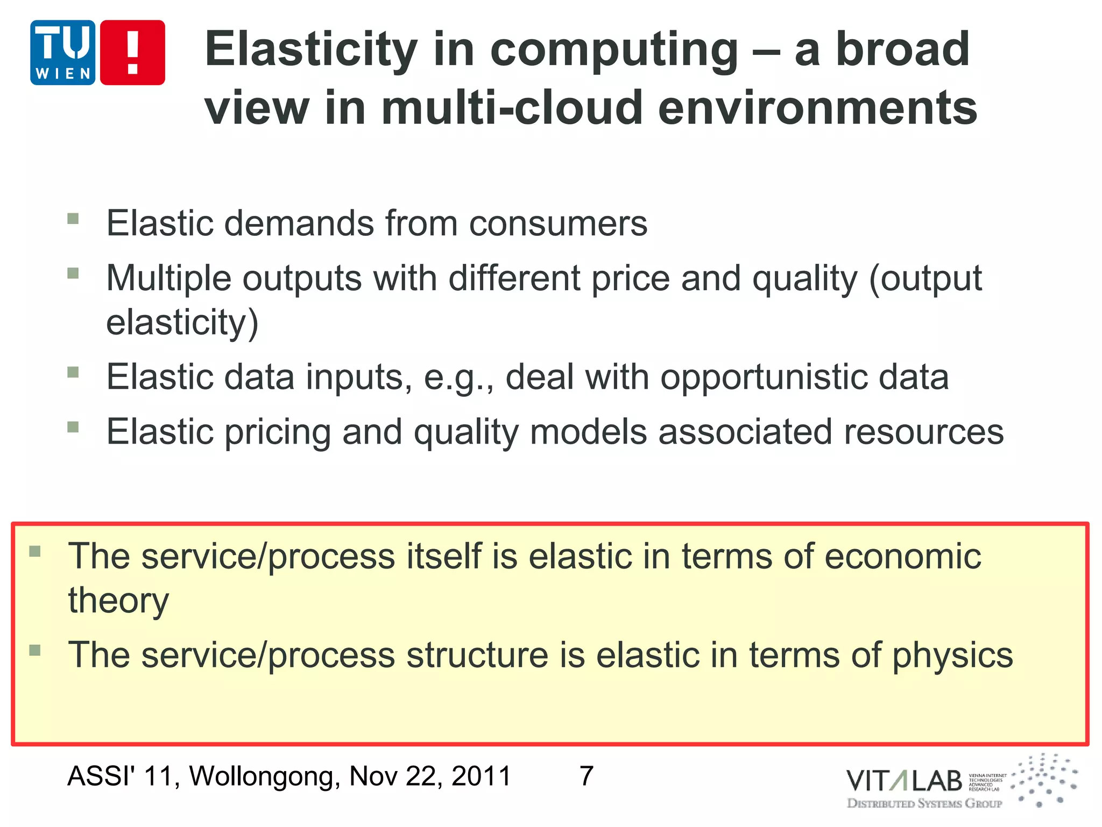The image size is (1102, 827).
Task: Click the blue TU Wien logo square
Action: click(63, 53)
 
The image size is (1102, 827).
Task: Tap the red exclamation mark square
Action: click(132, 53)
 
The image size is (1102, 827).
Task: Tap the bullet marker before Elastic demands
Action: click(73, 218)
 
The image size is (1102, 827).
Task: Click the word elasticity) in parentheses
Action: click(182, 323)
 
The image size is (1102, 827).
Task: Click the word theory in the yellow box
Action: click(118, 600)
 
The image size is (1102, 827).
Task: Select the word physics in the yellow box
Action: click(952, 655)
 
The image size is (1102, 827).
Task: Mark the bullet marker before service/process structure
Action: click(35, 650)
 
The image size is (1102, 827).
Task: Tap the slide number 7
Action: click(587, 776)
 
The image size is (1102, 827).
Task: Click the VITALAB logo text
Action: click(904, 781)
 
